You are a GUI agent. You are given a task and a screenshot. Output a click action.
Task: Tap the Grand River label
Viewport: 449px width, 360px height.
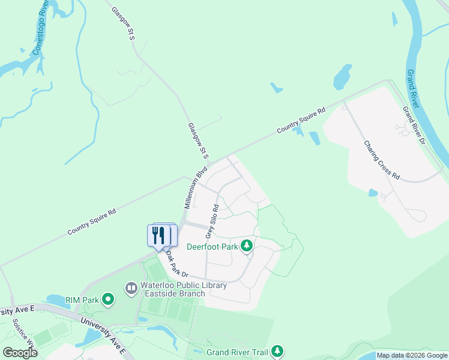click(414, 88)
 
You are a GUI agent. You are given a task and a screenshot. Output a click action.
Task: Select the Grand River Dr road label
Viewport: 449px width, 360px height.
click(414, 127)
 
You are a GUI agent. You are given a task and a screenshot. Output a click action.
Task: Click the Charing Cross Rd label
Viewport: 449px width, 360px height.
click(382, 160)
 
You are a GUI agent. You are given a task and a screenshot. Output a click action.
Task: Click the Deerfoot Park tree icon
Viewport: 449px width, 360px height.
click(246, 245)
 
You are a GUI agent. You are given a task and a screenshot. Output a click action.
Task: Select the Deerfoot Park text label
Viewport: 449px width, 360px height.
click(212, 246)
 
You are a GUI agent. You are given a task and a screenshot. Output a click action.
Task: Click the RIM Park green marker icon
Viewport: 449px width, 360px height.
click(108, 298)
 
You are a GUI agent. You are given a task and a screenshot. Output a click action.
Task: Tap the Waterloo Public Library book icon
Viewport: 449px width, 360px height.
click(131, 289)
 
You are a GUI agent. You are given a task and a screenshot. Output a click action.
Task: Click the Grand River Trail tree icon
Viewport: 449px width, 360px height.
click(277, 351)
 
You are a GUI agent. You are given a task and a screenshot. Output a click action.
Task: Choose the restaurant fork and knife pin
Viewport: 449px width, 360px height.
click(158, 235)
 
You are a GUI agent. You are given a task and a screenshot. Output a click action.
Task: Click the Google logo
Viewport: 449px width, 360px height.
click(20, 353)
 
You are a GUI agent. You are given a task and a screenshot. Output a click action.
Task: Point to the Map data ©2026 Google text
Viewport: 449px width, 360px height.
click(412, 356)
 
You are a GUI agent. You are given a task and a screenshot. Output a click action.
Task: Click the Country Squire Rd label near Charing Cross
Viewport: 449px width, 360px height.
click(301, 121)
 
